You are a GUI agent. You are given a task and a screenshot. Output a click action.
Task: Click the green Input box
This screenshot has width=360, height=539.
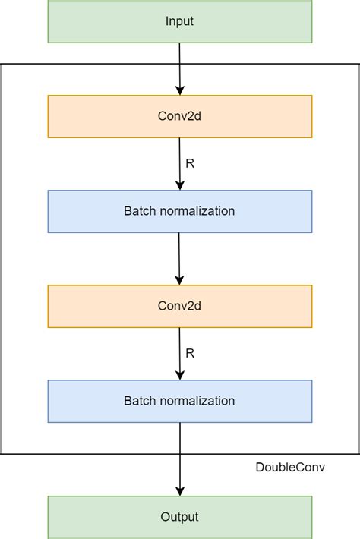[179, 21]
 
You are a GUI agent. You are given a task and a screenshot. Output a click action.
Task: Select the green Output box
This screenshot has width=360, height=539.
[179, 517]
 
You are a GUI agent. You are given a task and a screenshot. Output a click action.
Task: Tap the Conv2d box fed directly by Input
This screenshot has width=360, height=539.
[179, 116]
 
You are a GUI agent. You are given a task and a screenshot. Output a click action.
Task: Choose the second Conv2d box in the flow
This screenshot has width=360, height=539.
[179, 306]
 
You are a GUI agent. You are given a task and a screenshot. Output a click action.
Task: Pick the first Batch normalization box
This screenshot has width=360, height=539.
[179, 211]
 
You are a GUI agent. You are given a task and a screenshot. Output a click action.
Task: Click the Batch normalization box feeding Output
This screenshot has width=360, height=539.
[179, 401]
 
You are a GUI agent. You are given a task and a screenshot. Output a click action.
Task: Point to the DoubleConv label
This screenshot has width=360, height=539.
[290, 467]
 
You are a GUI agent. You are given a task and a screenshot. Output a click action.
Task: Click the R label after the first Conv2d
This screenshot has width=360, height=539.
[190, 163]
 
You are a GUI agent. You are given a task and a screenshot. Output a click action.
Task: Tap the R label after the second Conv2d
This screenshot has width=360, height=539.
[190, 353]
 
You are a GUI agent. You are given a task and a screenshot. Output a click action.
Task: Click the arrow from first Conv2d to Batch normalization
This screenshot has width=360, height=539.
[180, 162]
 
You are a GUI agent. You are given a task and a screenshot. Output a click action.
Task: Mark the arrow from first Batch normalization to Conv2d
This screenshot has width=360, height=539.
[180, 257]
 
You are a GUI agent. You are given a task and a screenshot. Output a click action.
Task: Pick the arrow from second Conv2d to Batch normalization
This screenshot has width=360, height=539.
[180, 352]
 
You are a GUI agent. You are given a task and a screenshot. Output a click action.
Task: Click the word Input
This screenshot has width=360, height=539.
[179, 21]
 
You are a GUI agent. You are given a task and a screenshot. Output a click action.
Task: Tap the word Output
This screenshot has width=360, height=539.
[179, 517]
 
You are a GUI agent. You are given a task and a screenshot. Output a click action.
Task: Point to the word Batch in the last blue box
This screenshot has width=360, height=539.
[138, 401]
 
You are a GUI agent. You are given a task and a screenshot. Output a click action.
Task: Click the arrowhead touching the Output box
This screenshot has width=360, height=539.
[180, 490]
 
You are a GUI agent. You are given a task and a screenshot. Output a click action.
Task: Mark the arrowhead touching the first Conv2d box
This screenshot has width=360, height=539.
[180, 90]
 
